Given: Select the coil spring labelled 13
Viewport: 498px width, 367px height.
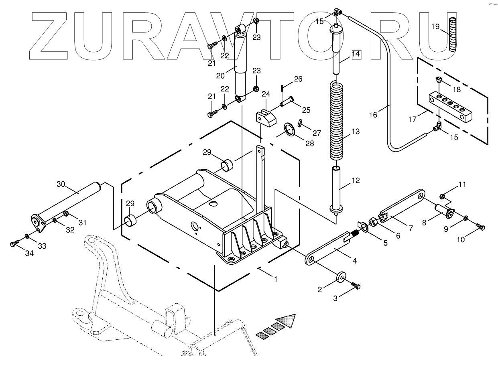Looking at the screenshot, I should click(337, 120).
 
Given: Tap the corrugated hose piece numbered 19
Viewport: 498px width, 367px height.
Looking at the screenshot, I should click(453, 34).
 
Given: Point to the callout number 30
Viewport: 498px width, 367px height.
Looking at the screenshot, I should click(61, 184).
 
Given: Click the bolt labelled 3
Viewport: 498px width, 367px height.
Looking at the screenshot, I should click(356, 285).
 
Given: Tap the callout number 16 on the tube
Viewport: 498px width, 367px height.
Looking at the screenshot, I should click(373, 115).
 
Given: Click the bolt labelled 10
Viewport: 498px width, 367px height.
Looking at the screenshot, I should click(481, 227).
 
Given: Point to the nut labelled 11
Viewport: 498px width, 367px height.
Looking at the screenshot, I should click(442, 196).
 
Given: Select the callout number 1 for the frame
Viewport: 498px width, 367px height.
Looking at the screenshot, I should click(276, 280).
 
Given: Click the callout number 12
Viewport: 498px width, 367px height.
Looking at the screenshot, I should click(356, 181).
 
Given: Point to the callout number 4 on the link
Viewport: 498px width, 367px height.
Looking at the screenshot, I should click(354, 261).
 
